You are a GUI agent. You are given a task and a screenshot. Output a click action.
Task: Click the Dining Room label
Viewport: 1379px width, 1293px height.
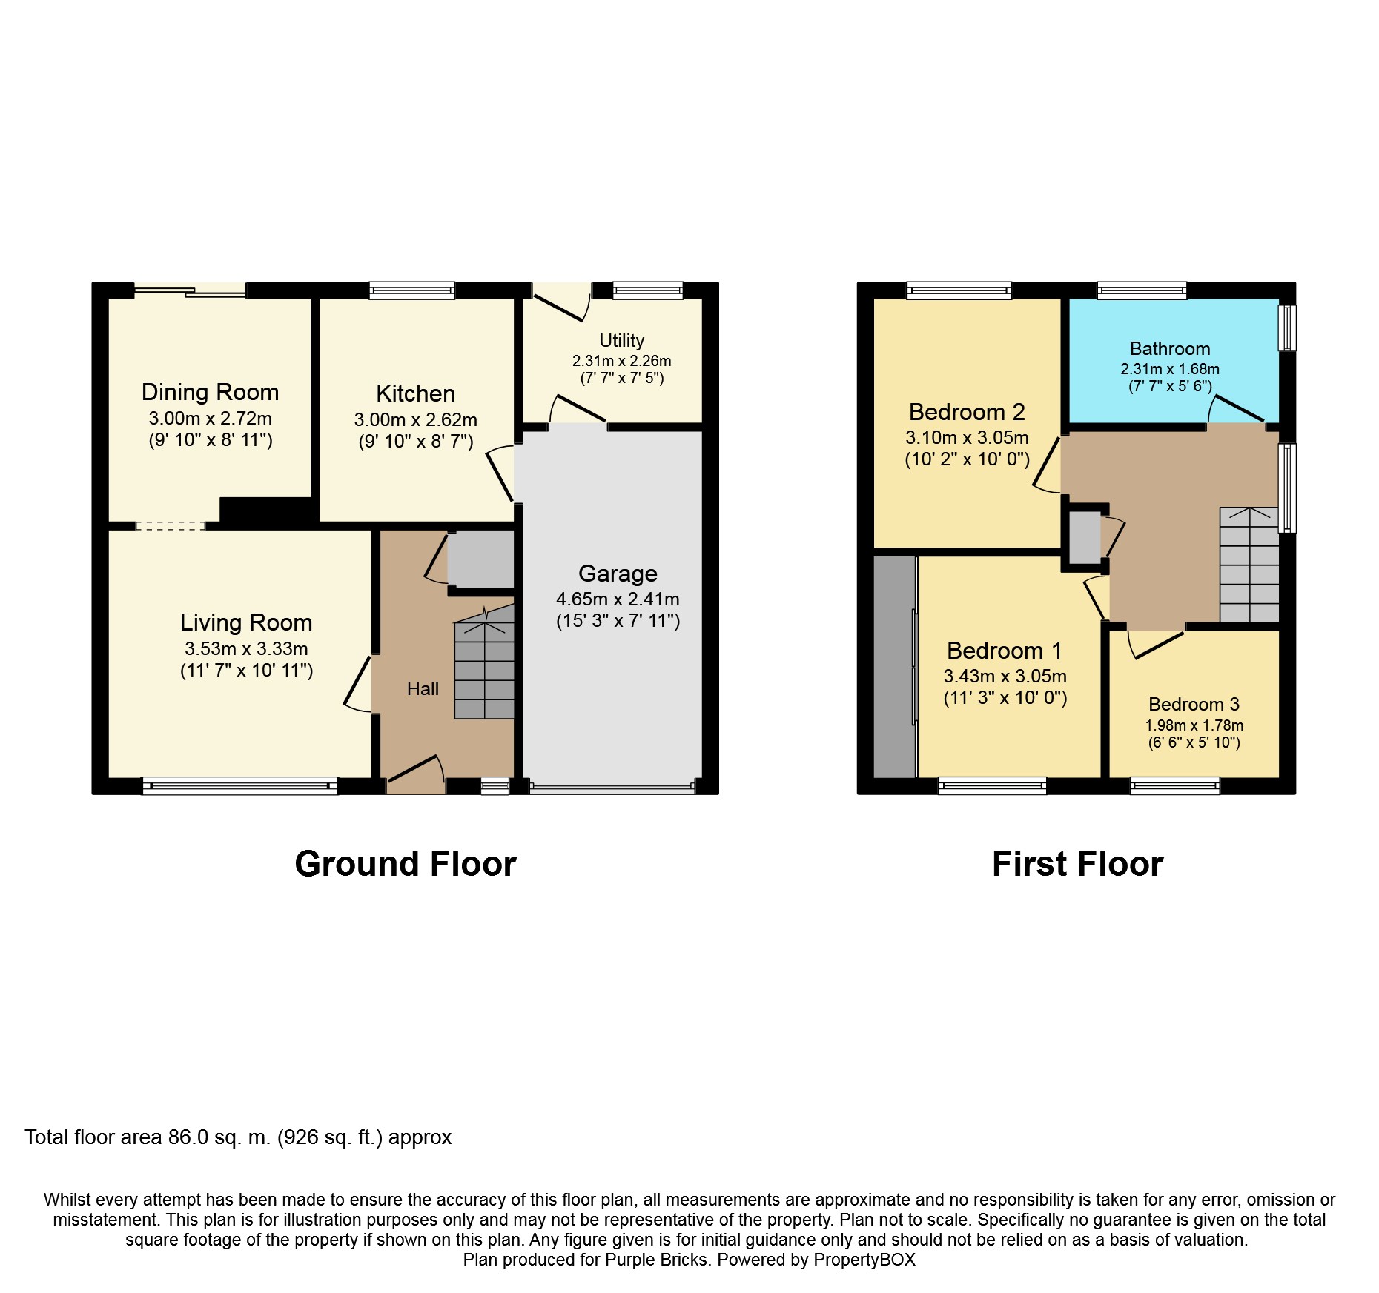pyautogui.click(x=210, y=392)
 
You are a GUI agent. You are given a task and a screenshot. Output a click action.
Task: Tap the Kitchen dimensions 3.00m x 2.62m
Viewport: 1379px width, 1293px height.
pyautogui.click(x=416, y=420)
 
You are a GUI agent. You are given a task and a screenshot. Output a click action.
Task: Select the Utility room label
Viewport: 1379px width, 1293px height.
pyautogui.click(x=621, y=341)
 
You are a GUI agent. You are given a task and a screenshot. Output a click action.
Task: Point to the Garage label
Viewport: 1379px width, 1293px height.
pyautogui.click(x=618, y=574)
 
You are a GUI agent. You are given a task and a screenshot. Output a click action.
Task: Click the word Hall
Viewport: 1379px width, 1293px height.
pyautogui.click(x=423, y=689)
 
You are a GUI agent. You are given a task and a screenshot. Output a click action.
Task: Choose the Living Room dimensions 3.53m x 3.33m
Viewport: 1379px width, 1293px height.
pyautogui.click(x=246, y=649)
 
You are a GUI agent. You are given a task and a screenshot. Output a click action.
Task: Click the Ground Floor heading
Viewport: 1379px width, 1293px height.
pyautogui.click(x=406, y=864)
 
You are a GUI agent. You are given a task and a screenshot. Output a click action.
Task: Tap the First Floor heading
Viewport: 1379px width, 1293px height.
pyautogui.click(x=1078, y=864)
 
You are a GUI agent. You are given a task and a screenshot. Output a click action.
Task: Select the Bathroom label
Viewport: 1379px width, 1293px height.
pyautogui.click(x=1170, y=349)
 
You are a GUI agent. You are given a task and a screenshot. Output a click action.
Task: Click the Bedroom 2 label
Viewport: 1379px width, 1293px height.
pyautogui.click(x=967, y=412)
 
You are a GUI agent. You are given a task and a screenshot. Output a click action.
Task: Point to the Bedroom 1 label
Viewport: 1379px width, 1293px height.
pyautogui.click(x=1005, y=651)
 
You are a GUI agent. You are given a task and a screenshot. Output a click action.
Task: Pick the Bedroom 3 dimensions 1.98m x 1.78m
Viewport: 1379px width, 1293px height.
pyautogui.click(x=1194, y=725)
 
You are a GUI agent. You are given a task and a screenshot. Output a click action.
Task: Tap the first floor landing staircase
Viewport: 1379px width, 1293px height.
pyautogui.click(x=1249, y=565)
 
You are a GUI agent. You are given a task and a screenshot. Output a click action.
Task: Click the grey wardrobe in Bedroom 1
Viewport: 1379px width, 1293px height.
pyautogui.click(x=895, y=667)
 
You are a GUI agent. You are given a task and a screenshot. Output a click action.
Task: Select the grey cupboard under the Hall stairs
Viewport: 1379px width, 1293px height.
pyautogui.click(x=480, y=559)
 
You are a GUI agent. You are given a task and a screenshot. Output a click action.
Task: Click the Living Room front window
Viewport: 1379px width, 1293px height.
pyautogui.click(x=239, y=786)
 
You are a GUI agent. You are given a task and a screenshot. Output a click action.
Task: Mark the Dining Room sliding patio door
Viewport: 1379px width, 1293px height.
pyautogui.click(x=190, y=290)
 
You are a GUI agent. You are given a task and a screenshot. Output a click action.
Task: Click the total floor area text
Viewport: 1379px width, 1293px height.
pyautogui.click(x=238, y=1137)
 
